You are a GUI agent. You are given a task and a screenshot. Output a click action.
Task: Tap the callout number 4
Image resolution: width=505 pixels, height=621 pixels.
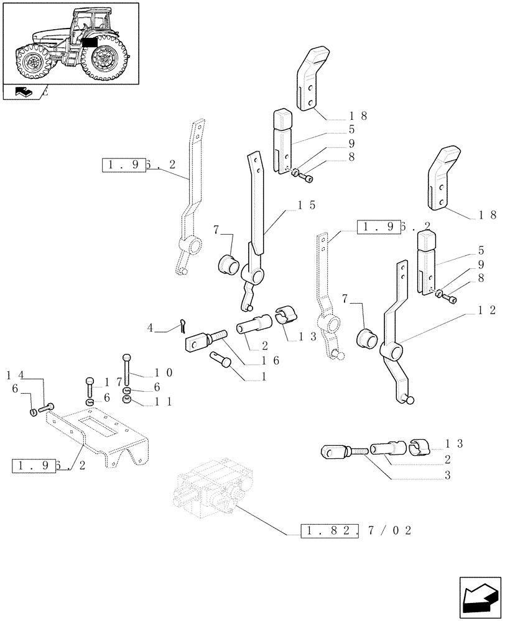click(150, 327)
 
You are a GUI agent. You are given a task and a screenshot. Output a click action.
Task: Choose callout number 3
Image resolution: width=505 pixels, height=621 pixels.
click(448, 476)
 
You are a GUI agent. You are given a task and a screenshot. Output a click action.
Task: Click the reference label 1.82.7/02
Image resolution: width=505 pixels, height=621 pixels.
click(356, 532)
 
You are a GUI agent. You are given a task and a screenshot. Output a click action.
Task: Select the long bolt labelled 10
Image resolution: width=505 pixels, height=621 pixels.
click(127, 371)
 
